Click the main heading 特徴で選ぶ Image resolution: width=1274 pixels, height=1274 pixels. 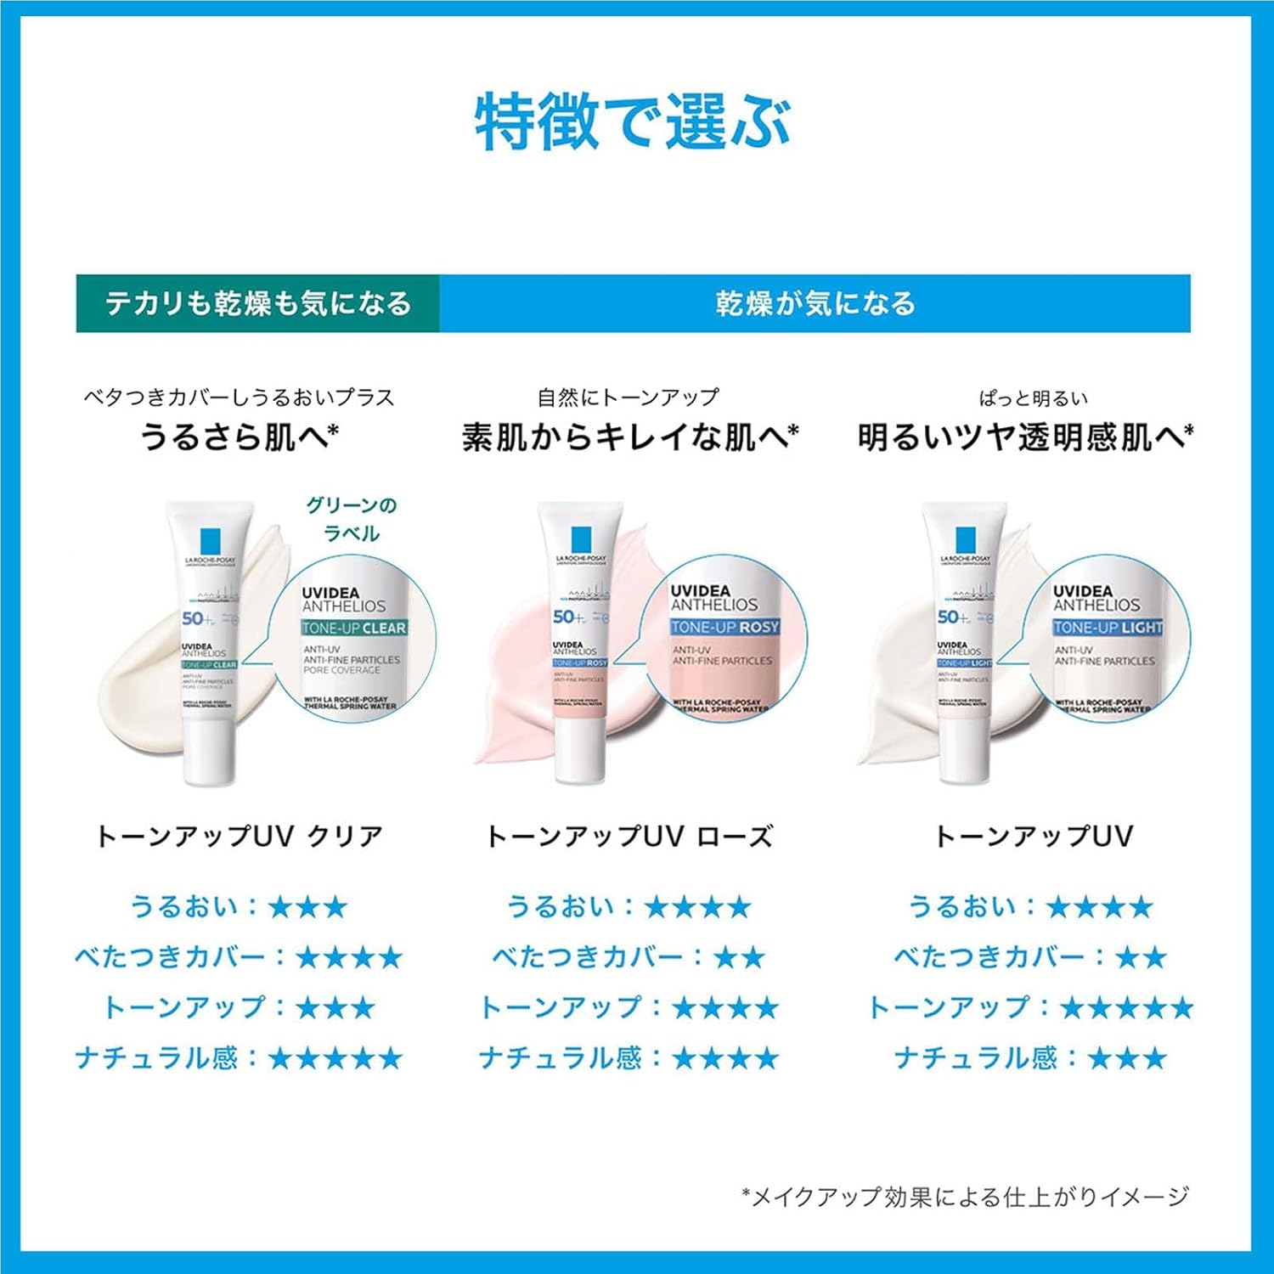click(633, 123)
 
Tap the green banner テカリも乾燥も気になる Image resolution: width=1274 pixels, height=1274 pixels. click(257, 303)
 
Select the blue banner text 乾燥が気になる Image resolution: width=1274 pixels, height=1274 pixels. click(815, 303)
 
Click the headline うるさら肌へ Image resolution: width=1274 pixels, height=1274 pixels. click(239, 437)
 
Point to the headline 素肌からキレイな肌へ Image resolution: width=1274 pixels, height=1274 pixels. click(629, 437)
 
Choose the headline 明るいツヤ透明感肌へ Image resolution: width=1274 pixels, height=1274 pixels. click(1025, 437)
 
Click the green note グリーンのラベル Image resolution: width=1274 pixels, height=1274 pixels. click(352, 519)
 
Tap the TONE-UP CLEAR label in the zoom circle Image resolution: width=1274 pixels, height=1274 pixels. click(354, 629)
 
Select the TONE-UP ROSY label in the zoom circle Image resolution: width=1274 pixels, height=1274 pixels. click(724, 628)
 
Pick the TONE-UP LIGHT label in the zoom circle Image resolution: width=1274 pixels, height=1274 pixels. click(1108, 628)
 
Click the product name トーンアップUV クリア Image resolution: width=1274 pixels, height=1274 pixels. click(240, 837)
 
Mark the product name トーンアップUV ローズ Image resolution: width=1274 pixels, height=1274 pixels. click(629, 837)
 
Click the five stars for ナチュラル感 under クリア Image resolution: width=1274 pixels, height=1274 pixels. click(335, 1059)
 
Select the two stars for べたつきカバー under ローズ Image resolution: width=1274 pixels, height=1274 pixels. click(739, 958)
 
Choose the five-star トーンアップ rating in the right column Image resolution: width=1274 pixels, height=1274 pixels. click(1126, 1008)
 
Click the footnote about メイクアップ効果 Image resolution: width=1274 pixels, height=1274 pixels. click(965, 1197)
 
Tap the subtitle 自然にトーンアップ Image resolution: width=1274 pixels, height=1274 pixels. click(628, 397)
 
